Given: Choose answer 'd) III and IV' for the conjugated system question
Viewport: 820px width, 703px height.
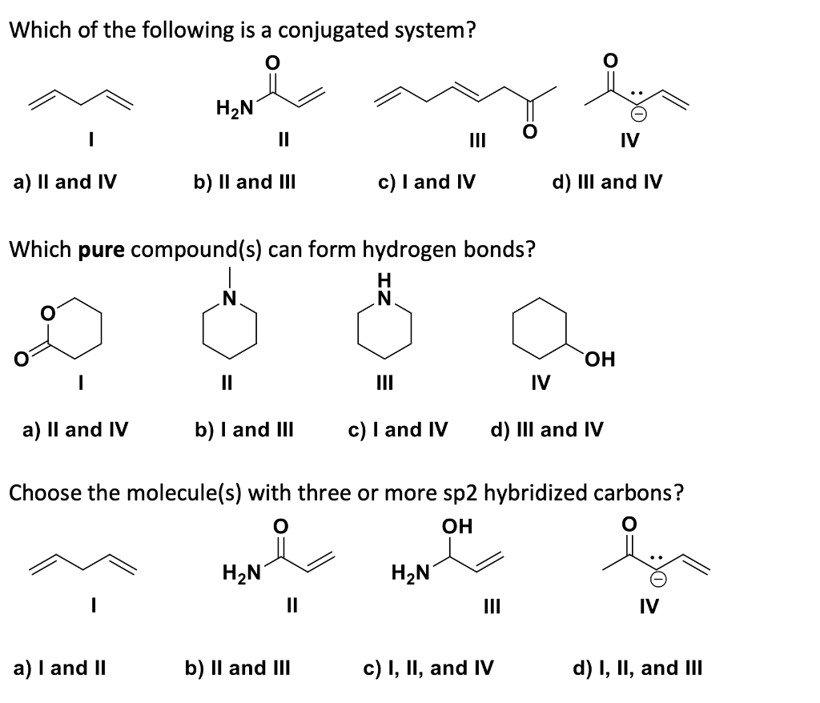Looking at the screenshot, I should [607, 183].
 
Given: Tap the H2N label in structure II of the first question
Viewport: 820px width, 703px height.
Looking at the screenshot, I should [234, 107].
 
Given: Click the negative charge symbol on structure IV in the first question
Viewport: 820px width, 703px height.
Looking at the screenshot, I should [642, 115].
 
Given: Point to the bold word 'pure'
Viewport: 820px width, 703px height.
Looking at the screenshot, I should [101, 250].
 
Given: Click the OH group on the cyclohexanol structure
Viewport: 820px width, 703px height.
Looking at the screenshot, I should [599, 359].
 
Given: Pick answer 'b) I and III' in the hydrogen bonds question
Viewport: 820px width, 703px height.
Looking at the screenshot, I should [244, 430].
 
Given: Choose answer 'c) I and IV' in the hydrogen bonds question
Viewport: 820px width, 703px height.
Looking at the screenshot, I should [398, 430].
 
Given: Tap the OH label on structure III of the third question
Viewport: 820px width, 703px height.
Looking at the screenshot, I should [457, 526].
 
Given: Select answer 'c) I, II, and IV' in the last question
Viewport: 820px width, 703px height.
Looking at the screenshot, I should [428, 667].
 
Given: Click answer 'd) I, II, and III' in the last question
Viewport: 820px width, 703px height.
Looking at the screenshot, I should [638, 667].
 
